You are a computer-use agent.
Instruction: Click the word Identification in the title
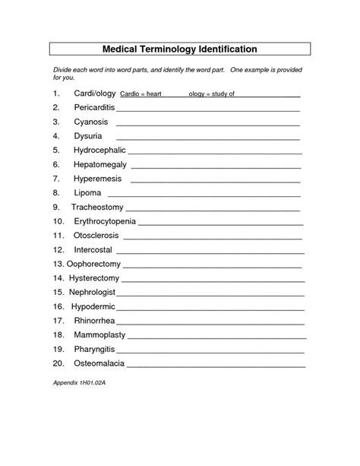click(x=230, y=49)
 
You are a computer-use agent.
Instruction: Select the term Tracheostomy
click(x=96, y=207)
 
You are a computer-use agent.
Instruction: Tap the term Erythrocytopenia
click(x=105, y=221)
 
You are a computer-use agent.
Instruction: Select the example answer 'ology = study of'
click(x=210, y=94)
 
